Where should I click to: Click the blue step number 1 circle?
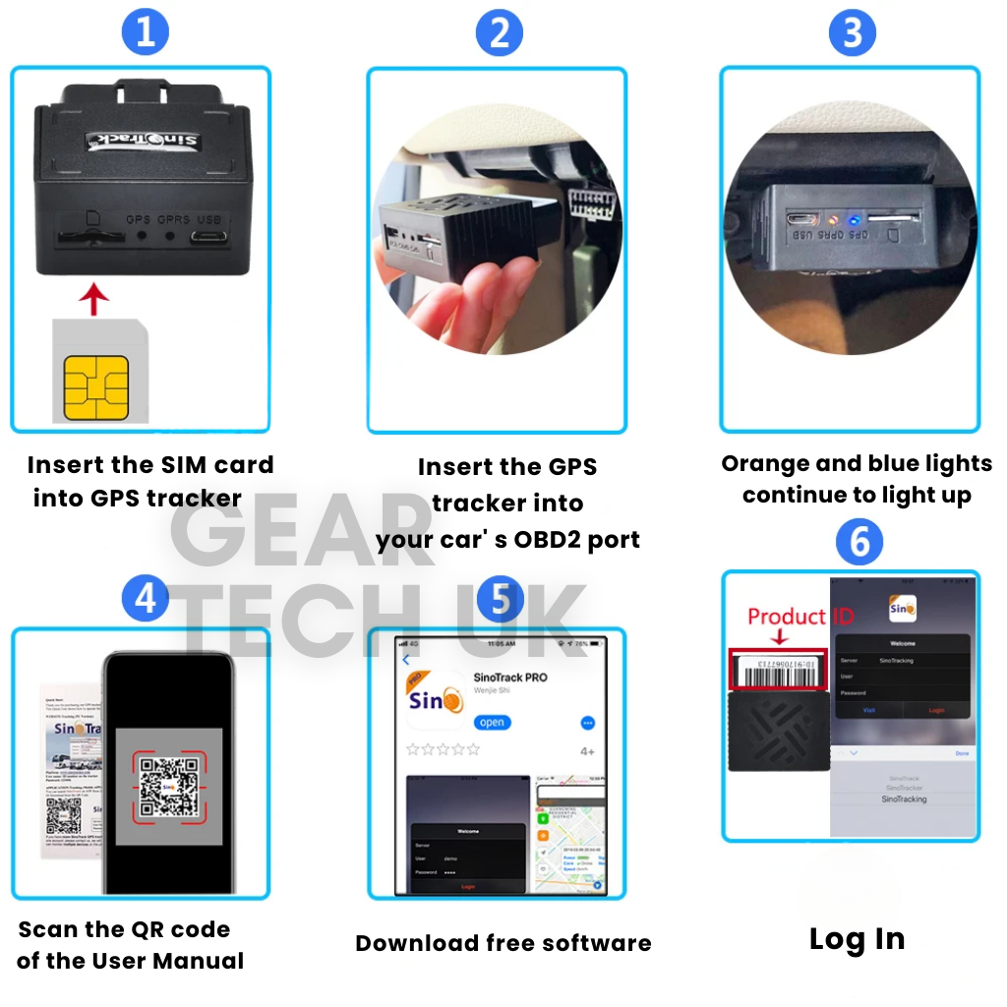(x=146, y=31)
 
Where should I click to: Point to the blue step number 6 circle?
(x=859, y=542)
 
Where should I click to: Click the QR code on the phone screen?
(x=170, y=786)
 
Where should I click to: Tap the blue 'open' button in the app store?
(x=492, y=722)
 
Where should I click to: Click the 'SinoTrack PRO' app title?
(x=510, y=678)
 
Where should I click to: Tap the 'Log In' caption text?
(x=857, y=939)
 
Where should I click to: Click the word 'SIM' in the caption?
(x=182, y=465)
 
